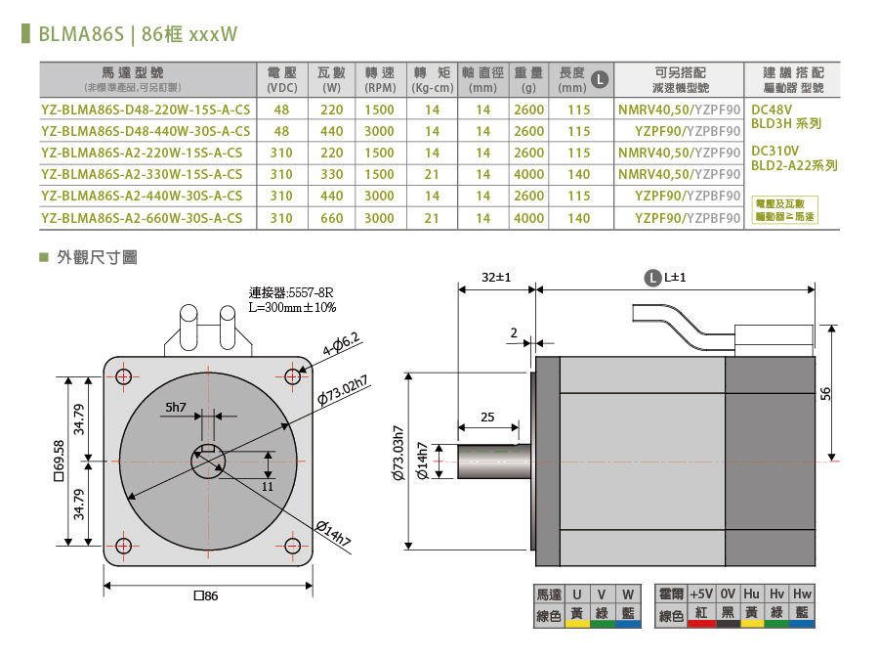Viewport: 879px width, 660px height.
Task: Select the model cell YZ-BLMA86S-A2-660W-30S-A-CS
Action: (x=143, y=218)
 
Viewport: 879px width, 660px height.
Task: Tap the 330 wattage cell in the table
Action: (x=332, y=174)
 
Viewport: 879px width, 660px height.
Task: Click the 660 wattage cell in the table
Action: (x=332, y=218)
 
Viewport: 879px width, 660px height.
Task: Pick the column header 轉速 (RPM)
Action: (x=379, y=80)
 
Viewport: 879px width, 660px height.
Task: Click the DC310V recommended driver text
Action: (x=774, y=152)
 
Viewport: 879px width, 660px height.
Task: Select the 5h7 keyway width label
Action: (x=176, y=407)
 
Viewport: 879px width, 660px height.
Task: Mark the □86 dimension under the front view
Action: (x=206, y=595)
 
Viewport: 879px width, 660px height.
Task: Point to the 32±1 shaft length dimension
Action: (x=497, y=278)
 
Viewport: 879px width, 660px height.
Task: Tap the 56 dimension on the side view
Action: (x=825, y=393)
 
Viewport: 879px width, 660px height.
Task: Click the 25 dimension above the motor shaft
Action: (x=487, y=418)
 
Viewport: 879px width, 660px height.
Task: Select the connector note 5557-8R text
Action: (x=291, y=292)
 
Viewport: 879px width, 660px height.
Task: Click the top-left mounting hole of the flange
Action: (x=123, y=376)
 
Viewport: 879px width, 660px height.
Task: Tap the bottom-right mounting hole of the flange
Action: (x=293, y=545)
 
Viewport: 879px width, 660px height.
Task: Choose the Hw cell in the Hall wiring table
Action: (x=802, y=594)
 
